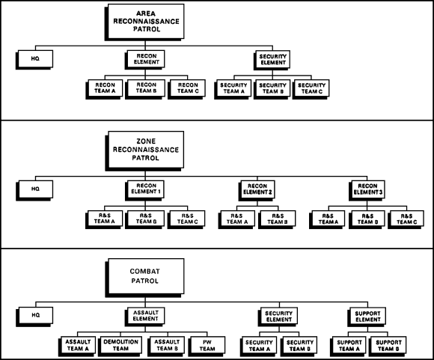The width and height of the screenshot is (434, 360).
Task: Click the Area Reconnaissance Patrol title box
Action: (x=146, y=21)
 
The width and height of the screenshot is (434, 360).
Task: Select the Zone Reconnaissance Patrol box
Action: (x=146, y=150)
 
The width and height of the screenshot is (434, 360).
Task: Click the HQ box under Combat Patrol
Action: (x=36, y=315)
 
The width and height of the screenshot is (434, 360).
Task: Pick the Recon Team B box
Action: (x=146, y=88)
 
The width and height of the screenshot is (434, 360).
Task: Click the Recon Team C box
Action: (x=188, y=88)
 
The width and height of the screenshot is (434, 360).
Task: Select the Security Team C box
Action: (x=312, y=88)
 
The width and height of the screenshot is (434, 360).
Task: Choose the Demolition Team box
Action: (x=120, y=345)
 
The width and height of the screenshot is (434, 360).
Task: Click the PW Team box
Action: (x=207, y=345)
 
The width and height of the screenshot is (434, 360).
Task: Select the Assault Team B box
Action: (x=167, y=345)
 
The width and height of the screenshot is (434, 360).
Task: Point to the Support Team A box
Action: (x=349, y=345)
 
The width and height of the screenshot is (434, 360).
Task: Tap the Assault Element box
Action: (x=146, y=316)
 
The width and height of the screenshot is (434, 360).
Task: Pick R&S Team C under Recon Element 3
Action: (x=406, y=219)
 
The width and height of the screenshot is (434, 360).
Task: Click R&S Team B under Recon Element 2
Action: (x=278, y=219)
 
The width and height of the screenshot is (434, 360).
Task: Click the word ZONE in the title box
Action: (x=146, y=141)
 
